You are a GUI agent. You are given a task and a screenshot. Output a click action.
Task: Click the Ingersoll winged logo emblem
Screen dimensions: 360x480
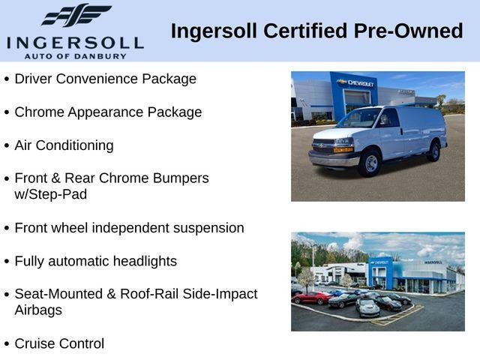pyautogui.click(x=76, y=16)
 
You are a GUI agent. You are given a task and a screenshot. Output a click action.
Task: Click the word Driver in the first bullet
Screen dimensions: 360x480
pyautogui.click(x=34, y=79)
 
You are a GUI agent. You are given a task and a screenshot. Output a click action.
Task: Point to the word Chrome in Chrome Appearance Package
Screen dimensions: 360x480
pyautogui.click(x=37, y=112)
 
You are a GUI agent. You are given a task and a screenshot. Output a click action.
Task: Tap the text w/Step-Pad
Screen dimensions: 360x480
pyautogui.click(x=50, y=194)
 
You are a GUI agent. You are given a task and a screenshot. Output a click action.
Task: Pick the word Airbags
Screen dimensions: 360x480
pyautogui.click(x=38, y=310)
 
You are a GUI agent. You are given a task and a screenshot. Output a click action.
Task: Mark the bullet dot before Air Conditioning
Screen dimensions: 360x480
pyautogui.click(x=7, y=145)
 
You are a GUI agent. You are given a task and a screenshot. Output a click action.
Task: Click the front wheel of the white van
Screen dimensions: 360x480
pyautogui.click(x=370, y=163)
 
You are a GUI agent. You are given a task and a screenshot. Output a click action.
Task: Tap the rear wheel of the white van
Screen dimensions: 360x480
pyautogui.click(x=434, y=151)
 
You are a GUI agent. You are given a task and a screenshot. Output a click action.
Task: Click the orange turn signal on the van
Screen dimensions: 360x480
pyautogui.click(x=344, y=149)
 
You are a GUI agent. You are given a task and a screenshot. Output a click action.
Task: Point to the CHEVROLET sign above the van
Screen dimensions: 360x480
pyautogui.click(x=357, y=82)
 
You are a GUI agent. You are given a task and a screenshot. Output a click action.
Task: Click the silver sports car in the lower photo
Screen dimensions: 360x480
pyautogui.click(x=367, y=307)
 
